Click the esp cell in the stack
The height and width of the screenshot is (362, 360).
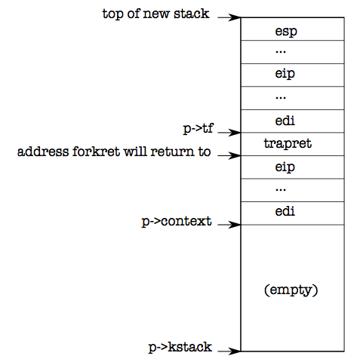pos(292,29)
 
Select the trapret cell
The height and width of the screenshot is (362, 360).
pos(292,144)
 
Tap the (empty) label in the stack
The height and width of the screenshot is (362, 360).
pos(291,290)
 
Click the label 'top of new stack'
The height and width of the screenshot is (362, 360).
pos(155,14)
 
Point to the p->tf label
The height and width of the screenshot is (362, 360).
pos(198,128)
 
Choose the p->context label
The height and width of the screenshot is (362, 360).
pos(177,222)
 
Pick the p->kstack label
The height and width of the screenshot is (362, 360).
pos(180,347)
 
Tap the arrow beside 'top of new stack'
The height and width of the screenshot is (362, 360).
pos(229,17)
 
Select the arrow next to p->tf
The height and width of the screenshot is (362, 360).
pos(229,133)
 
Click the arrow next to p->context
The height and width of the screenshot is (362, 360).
pos(229,225)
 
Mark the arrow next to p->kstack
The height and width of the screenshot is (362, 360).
pos(229,351)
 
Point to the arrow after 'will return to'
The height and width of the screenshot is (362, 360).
pos(229,155)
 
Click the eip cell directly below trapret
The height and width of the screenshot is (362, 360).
pos(292,167)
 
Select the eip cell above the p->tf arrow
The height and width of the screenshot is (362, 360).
pos(292,75)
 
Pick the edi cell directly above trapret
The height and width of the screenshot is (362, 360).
pos(292,121)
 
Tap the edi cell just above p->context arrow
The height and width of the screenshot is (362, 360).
pos(292,213)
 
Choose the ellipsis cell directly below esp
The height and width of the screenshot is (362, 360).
pos(292,52)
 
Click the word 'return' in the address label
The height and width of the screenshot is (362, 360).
pos(172,152)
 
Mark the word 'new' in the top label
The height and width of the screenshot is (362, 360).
pos(156,14)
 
